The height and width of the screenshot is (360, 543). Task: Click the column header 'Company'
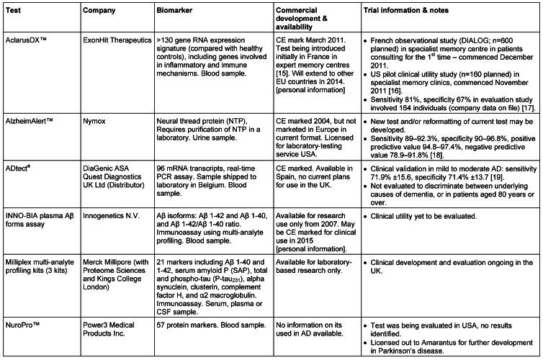coord(99,10)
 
